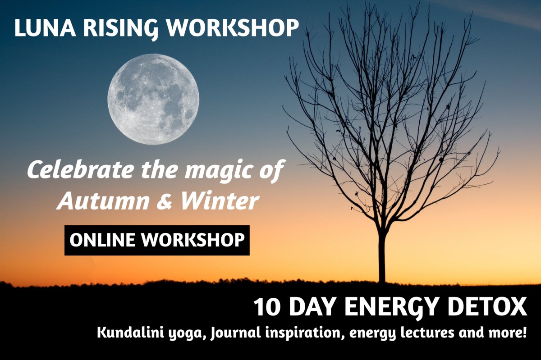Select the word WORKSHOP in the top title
pyautogui.click(x=233, y=28)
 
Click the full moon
pyautogui.click(x=153, y=99)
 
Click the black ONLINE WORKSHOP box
pyautogui.click(x=156, y=240)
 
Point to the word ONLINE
pyautogui.click(x=102, y=240)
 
